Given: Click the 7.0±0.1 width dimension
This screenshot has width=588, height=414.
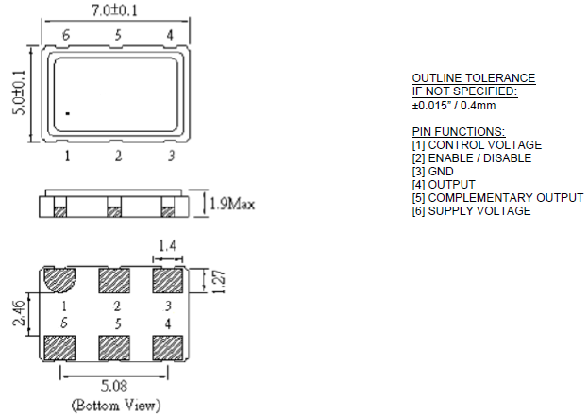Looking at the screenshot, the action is pos(115,10).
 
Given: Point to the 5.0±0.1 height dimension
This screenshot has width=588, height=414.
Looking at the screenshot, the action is pos(19,92).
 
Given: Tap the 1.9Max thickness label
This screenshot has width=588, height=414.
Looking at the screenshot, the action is pos(232,205).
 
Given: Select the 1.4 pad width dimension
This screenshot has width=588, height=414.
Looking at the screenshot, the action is pos(167,246).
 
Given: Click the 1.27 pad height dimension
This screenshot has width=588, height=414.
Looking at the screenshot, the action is pos(219,282).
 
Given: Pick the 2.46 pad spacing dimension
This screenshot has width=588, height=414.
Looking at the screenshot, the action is pos(19,313).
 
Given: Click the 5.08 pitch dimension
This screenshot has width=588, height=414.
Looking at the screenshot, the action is pos(114,386).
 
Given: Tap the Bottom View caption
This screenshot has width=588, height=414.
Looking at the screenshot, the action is pos(116,406).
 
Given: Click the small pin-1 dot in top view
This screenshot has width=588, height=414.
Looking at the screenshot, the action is pos(68,113).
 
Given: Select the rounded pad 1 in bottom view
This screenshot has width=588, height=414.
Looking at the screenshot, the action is pos(59,279).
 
